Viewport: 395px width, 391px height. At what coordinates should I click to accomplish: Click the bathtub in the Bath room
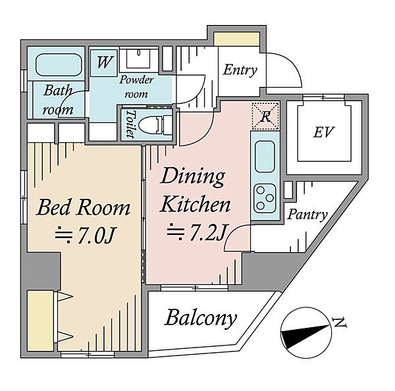coord(59,65)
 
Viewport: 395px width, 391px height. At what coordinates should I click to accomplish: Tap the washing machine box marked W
coord(103,63)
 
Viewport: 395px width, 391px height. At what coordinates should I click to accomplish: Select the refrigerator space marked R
coord(265,117)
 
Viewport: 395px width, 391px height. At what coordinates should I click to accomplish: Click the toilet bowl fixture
coord(155,124)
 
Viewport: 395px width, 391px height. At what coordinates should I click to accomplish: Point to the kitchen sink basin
coord(265,157)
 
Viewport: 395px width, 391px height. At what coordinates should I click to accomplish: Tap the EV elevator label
coord(324,132)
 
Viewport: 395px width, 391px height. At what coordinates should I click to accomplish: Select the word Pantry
coord(307,215)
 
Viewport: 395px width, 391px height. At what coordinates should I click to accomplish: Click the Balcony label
coord(201,319)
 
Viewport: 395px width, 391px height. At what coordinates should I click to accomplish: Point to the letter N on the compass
coord(340,323)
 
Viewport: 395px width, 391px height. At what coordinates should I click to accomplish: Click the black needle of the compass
coord(305,335)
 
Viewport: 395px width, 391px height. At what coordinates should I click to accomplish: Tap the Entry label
coord(240,70)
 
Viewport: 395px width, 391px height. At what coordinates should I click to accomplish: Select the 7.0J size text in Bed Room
coord(85,236)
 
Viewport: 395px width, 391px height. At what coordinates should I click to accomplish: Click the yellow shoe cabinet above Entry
coord(236,39)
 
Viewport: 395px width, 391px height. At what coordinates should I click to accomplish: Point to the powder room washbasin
coord(138,59)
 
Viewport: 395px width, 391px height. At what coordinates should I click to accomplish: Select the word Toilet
coord(130,124)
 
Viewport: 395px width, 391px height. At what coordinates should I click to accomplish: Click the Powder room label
coord(136,87)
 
